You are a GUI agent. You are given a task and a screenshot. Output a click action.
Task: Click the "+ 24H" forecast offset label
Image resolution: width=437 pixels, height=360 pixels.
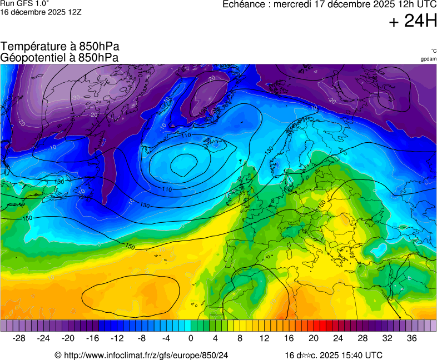(x=413, y=22)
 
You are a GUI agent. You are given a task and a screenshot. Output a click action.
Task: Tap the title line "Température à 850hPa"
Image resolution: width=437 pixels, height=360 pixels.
(x=59, y=47)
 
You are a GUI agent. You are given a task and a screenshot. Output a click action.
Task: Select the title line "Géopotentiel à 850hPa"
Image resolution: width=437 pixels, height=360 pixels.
(x=59, y=57)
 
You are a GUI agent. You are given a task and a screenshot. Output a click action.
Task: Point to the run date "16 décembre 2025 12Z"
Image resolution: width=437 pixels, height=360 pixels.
(x=41, y=12)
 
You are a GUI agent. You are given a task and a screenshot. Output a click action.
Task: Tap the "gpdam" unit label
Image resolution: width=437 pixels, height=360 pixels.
(x=428, y=59)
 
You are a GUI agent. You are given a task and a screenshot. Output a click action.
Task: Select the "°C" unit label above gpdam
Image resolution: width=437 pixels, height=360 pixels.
(x=433, y=51)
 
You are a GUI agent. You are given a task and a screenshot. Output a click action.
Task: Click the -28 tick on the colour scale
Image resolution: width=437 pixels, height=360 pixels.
(x=19, y=338)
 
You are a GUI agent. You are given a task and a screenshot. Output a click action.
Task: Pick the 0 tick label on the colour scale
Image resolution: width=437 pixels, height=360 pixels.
(x=191, y=338)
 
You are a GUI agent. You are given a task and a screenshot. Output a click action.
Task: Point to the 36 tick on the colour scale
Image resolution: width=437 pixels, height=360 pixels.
(x=411, y=338)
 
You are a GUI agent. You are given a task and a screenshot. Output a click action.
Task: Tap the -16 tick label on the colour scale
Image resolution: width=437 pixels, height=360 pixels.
(x=93, y=338)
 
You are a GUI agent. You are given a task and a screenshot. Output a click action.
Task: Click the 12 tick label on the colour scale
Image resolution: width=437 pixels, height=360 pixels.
(x=265, y=338)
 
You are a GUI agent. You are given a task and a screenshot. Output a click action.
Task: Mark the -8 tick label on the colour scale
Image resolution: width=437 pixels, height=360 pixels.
(x=142, y=338)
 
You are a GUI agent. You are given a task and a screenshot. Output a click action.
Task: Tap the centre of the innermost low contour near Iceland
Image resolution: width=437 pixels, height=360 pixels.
(x=184, y=164)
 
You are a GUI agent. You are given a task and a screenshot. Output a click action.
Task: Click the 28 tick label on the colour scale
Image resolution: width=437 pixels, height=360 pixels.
(x=362, y=338)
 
